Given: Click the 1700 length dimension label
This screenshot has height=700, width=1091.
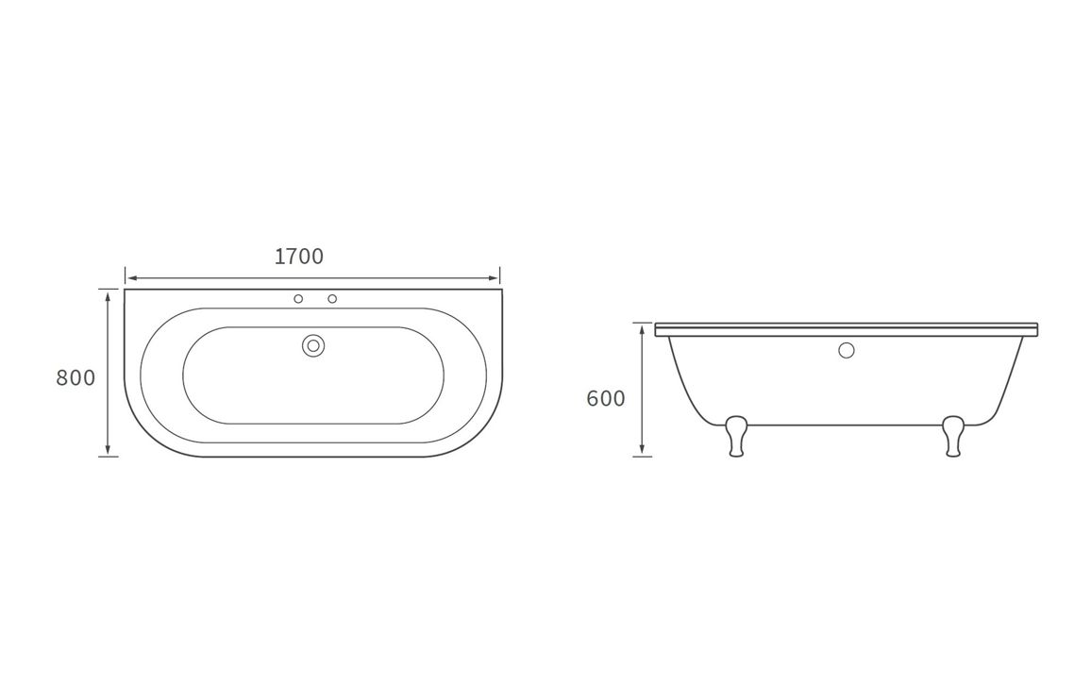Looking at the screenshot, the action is point(299,257).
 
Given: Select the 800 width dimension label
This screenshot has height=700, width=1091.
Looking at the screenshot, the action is point(76,378).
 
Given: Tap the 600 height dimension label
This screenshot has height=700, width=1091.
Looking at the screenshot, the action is point(606,399).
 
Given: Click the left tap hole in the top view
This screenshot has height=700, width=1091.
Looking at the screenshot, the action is point(298,299).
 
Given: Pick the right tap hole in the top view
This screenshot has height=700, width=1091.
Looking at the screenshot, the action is point(332,299).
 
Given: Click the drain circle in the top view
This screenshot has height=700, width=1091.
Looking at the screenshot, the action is point(313,346).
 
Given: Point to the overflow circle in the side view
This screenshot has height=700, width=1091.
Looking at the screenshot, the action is point(846,350).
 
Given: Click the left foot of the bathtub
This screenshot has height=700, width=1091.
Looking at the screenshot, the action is point(736,436).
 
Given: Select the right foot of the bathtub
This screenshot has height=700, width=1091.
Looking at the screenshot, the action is point(952,436).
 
